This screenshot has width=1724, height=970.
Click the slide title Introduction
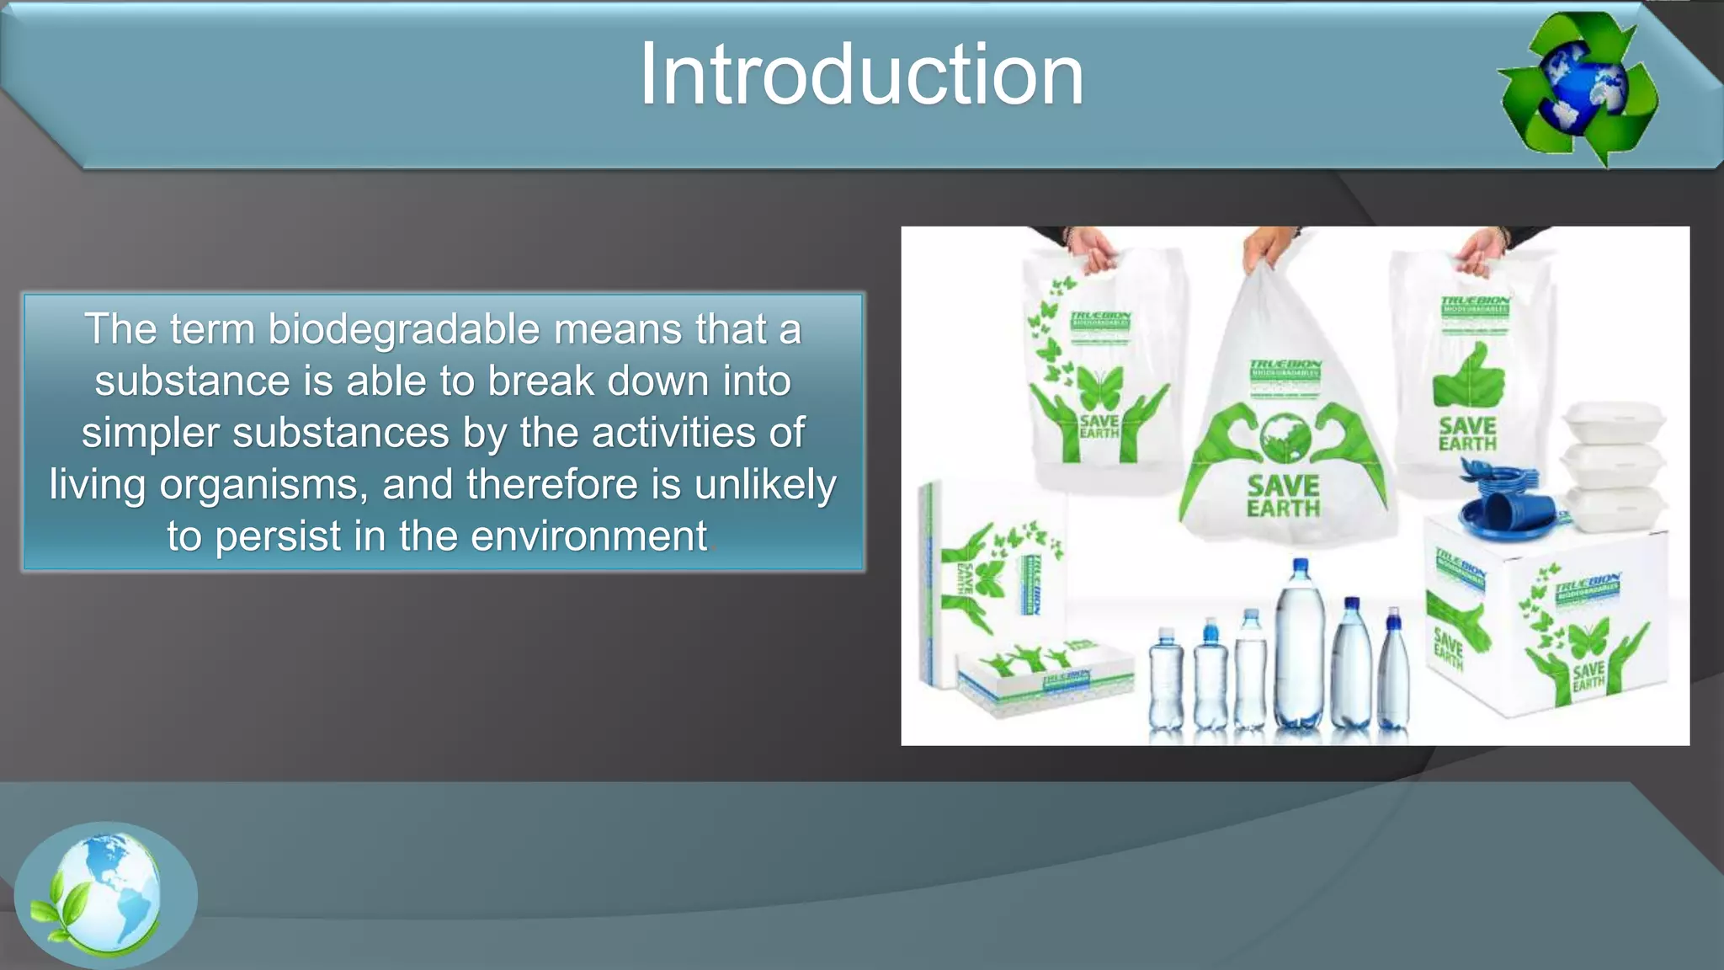(861, 76)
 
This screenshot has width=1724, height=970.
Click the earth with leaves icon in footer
(105, 895)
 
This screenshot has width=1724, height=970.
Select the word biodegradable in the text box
(403, 329)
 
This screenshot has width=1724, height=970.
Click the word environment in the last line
(588, 536)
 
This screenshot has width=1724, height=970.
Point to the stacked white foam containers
(1612, 467)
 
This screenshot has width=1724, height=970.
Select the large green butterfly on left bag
(1099, 388)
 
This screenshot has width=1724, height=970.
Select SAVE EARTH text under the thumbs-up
(1467, 434)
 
